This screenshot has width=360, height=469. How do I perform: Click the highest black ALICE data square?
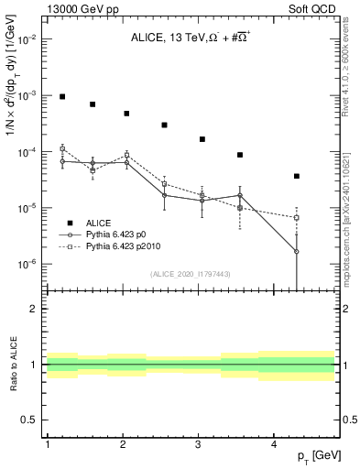click(62, 96)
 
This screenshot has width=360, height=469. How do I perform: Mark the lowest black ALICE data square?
click(297, 176)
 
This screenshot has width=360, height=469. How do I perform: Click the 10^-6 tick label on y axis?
click(29, 264)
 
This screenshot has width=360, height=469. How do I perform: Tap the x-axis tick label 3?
click(199, 443)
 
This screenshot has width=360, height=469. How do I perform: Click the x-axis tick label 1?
click(47, 443)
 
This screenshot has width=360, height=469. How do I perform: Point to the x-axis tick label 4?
click(275, 443)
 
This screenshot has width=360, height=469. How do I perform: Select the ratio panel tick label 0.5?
click(29, 420)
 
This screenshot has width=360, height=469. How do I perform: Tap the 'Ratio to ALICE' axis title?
click(12, 364)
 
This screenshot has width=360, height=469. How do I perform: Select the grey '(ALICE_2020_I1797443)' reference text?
click(191, 274)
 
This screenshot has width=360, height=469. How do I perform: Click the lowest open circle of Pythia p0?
click(297, 251)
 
